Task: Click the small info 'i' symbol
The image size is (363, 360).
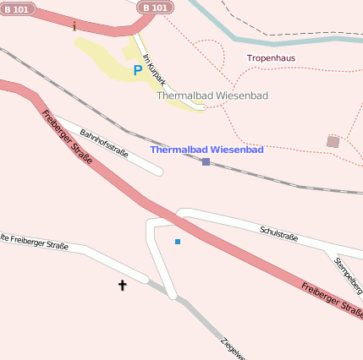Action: point(74,26)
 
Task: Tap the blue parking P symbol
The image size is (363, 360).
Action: point(137,71)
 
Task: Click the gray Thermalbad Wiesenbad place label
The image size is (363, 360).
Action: point(212,95)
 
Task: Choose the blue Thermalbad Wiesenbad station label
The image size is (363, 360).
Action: point(206,150)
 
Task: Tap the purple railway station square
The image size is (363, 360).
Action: point(206,161)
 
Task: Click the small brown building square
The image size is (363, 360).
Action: point(333,142)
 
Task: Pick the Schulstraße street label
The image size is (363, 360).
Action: point(278,232)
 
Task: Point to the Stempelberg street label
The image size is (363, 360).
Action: point(349,275)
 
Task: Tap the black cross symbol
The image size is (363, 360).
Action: point(122,286)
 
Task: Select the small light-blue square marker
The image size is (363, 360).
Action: point(178,242)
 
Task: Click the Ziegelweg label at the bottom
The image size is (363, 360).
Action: point(233,348)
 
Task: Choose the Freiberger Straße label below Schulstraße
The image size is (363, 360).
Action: point(332,300)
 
